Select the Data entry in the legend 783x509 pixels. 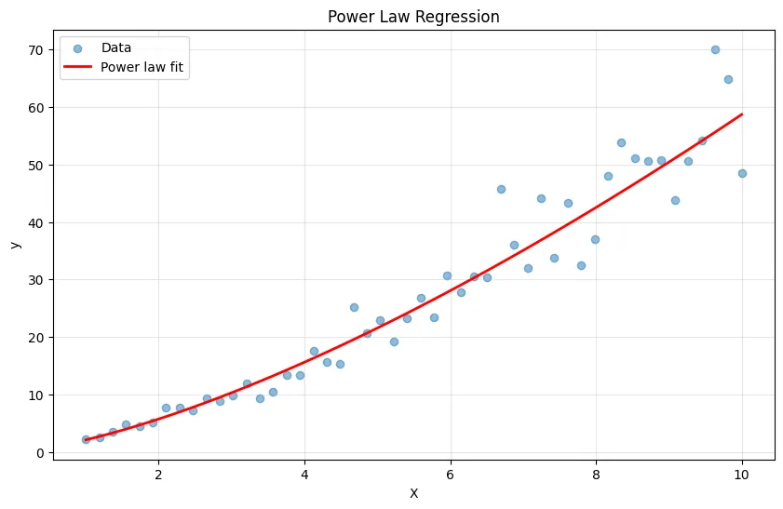115,47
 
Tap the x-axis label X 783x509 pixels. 413,493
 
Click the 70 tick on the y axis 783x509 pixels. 37,50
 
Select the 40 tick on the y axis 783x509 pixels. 37,223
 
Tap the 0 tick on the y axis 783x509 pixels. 41,453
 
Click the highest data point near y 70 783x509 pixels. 715,49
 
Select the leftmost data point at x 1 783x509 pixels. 86,439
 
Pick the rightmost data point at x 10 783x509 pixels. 742,173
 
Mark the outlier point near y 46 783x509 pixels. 501,189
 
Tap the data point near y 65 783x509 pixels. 728,79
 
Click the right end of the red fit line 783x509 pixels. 742,114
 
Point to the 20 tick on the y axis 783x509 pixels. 37,338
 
